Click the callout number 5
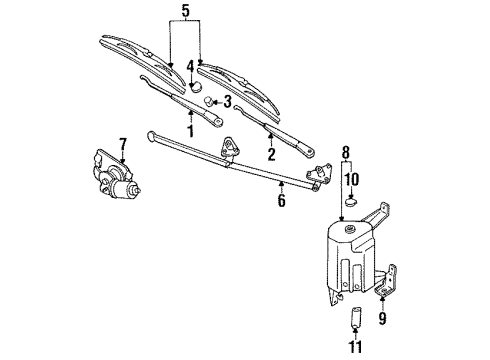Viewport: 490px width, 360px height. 185,11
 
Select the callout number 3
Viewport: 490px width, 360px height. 227,101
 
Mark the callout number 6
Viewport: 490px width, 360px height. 282,200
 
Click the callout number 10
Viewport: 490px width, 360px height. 351,180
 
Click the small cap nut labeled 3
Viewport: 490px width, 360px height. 208,102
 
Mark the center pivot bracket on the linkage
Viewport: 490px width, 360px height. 233,147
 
